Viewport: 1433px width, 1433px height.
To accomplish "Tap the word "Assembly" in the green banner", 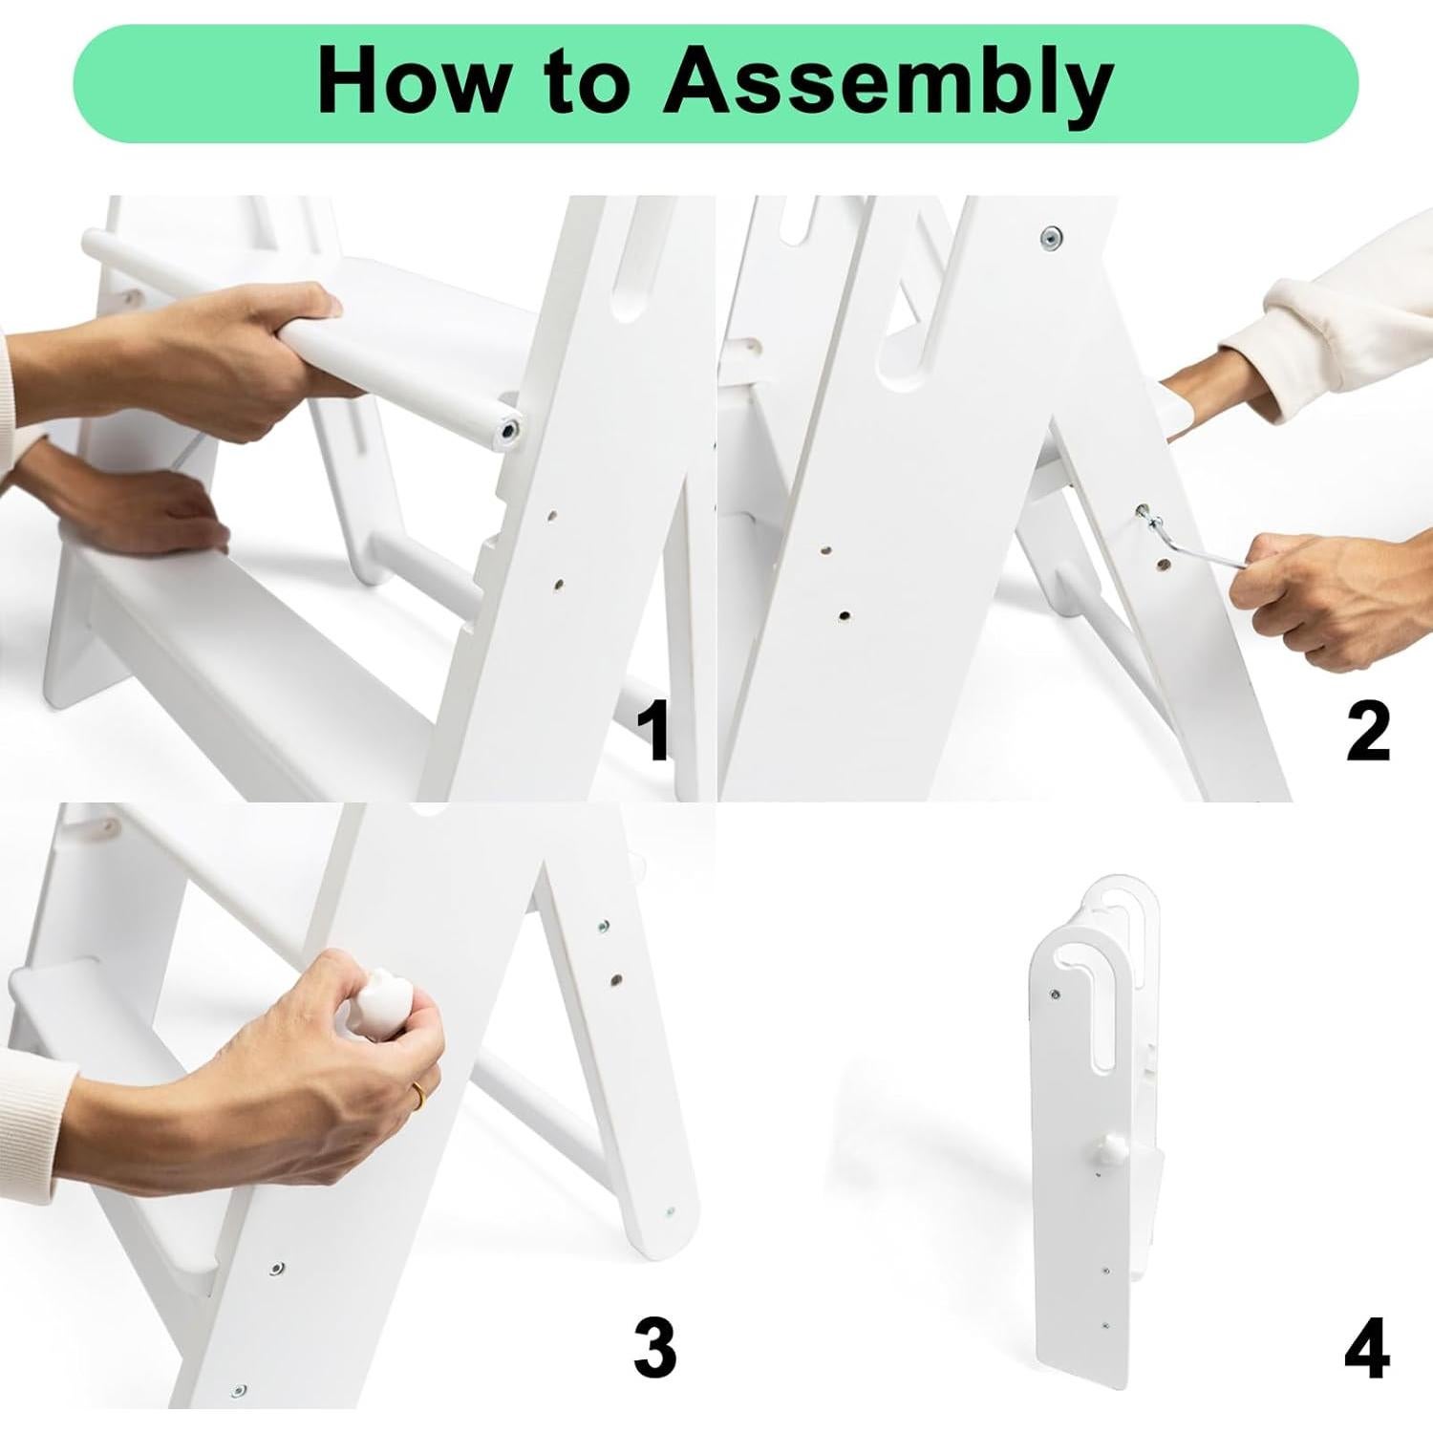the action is point(888,86).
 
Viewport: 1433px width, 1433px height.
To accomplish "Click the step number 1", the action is point(654,731).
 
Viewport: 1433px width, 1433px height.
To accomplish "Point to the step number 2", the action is point(1367,731).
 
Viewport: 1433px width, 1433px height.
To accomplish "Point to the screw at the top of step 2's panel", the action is point(1053,235).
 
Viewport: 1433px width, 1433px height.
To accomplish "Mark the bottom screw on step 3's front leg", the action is point(239,1390).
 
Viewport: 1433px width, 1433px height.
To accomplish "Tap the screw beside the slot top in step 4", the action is point(1054,995).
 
